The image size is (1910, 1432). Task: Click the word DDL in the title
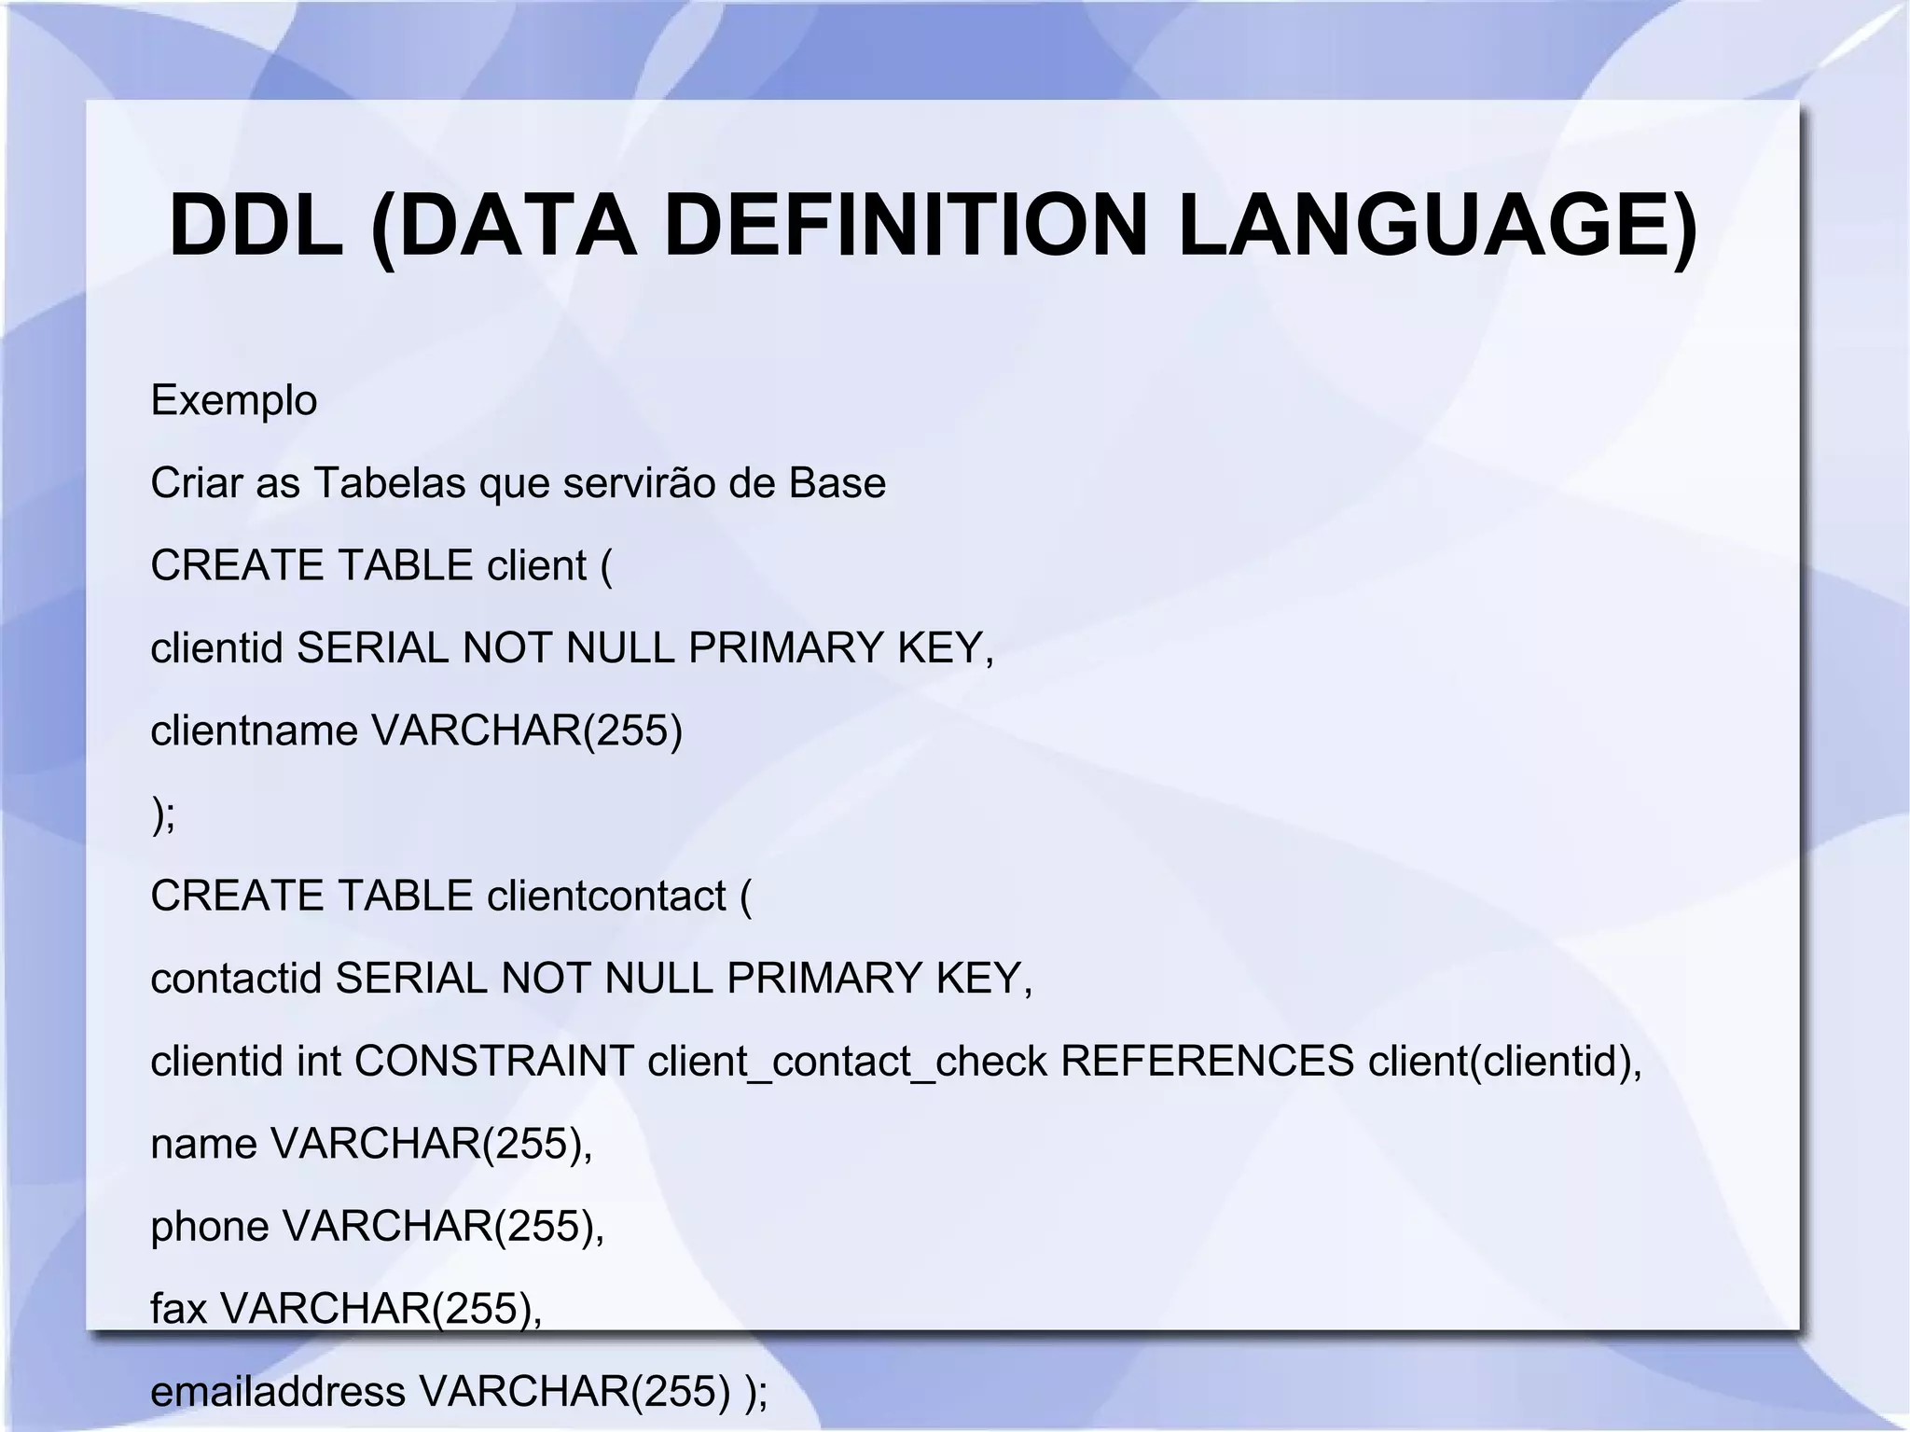coord(256,226)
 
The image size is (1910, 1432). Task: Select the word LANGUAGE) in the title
coord(1437,226)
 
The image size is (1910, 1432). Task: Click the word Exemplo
coord(234,401)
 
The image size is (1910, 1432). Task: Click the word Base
coord(837,483)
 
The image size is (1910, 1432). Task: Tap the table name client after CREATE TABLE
coord(536,565)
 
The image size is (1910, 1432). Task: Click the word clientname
coord(255,730)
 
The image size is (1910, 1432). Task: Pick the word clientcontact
coord(606,896)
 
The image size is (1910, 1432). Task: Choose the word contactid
coord(236,979)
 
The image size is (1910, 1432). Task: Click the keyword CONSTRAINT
coord(494,1061)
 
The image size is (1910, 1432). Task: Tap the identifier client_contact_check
coord(847,1061)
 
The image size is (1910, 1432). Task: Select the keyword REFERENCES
coord(1207,1061)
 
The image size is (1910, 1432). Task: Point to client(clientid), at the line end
coord(1504,1061)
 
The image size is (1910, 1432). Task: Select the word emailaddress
coord(278,1391)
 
